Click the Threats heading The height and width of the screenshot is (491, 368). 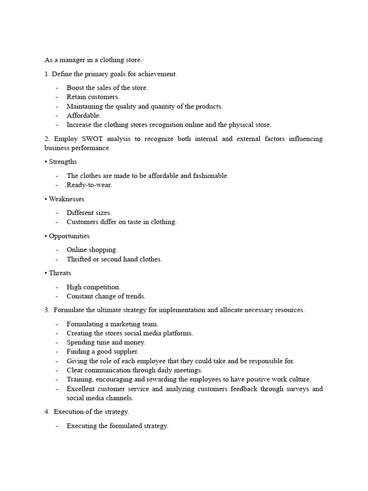[x=60, y=273]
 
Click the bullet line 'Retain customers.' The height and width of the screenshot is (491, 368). [x=93, y=97]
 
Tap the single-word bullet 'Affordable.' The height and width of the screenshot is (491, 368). [x=83, y=116]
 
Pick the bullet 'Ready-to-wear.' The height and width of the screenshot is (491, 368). [x=89, y=185]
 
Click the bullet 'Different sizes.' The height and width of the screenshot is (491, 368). [x=89, y=213]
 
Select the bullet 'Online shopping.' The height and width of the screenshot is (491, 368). [x=92, y=250]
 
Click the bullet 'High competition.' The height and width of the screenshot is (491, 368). [x=93, y=287]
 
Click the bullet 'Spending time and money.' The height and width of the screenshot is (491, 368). [x=106, y=342]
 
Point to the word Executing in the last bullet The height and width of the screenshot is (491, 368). [x=81, y=426]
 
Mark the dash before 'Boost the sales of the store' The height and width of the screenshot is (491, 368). [x=57, y=88]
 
